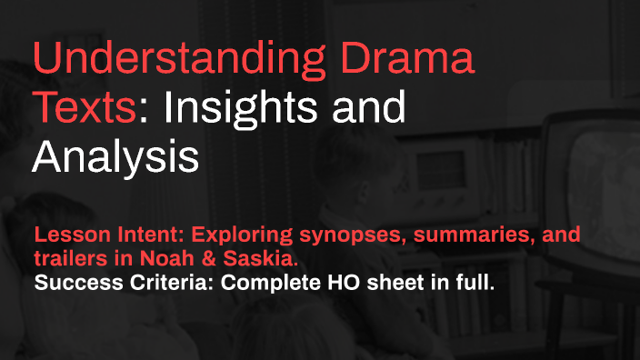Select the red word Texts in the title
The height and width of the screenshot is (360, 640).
(x=87, y=110)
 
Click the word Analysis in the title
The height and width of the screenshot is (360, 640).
(x=115, y=156)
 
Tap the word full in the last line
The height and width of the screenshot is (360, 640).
(x=476, y=283)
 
